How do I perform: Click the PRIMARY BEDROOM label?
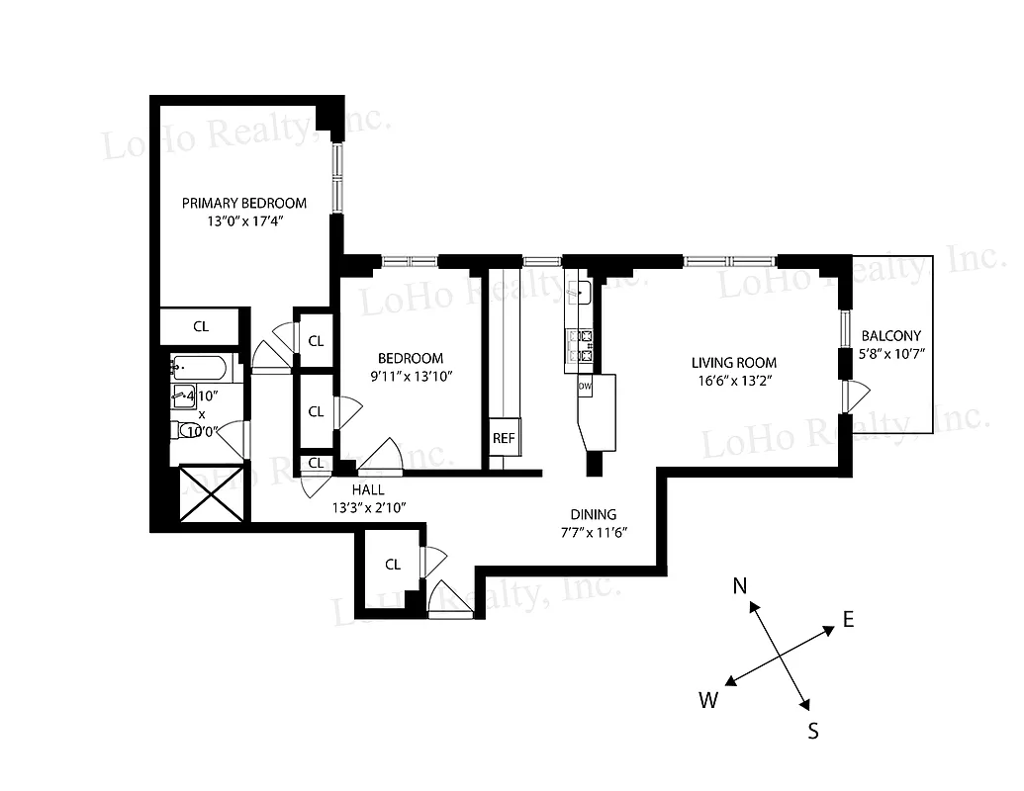(243, 203)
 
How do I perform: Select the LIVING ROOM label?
(733, 363)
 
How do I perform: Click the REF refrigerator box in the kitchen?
(505, 436)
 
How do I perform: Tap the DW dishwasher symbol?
(584, 386)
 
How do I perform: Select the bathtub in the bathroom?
(200, 369)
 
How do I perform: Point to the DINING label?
(593, 514)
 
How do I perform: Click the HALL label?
(368, 489)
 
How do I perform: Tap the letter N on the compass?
(739, 586)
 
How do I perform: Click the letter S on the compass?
(812, 731)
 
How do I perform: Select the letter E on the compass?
(848, 620)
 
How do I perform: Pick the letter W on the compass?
(708, 701)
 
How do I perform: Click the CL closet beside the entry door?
(393, 565)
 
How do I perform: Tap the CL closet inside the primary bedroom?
(201, 325)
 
